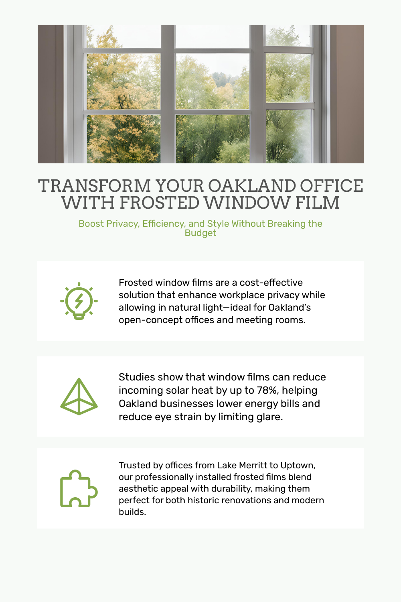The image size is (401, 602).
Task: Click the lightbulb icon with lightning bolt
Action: (79, 301)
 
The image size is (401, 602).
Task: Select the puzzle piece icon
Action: (79, 488)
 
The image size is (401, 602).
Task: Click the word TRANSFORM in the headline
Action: (94, 186)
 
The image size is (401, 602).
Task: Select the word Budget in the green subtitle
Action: (200, 233)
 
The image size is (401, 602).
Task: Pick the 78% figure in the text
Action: (267, 390)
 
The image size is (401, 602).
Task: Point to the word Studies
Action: (137, 377)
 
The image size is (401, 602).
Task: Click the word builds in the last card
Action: (131, 512)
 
